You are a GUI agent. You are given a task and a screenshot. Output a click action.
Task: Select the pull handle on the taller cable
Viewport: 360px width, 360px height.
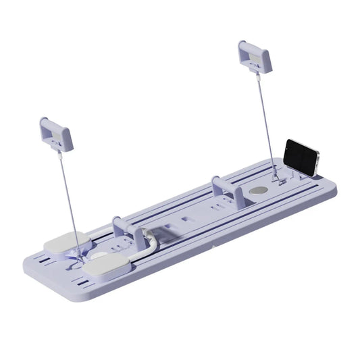point(254,56)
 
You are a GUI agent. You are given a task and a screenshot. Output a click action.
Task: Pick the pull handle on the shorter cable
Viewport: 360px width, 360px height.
point(56,133)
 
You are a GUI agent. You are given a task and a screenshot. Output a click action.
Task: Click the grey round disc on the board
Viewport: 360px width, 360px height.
point(258,190)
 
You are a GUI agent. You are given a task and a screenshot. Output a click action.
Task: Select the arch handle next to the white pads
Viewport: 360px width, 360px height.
point(128,230)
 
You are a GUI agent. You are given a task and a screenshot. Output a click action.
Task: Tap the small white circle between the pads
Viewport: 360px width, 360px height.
point(99,256)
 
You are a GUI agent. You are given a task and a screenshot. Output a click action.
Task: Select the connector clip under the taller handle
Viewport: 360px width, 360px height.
point(257,76)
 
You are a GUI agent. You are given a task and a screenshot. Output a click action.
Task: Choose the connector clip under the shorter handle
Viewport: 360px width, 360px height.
point(59,153)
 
